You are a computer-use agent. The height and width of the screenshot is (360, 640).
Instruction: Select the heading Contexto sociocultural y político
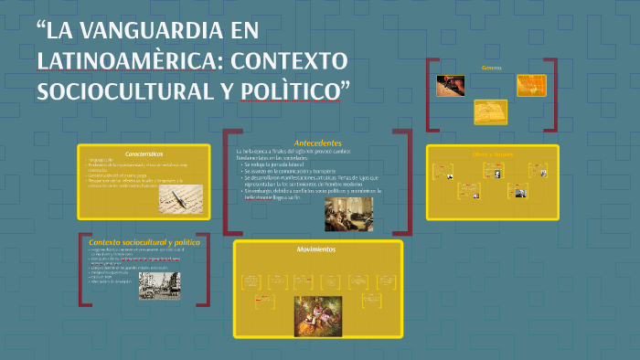[x=144, y=240]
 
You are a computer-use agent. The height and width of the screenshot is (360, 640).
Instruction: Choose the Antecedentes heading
[x=318, y=143]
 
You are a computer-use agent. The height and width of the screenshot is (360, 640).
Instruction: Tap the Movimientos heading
[x=315, y=249]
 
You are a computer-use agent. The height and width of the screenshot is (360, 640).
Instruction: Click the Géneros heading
[x=492, y=68]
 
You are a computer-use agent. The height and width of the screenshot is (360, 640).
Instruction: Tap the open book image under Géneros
[x=490, y=111]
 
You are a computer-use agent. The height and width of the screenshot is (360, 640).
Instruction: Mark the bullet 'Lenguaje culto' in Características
[x=101, y=161]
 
